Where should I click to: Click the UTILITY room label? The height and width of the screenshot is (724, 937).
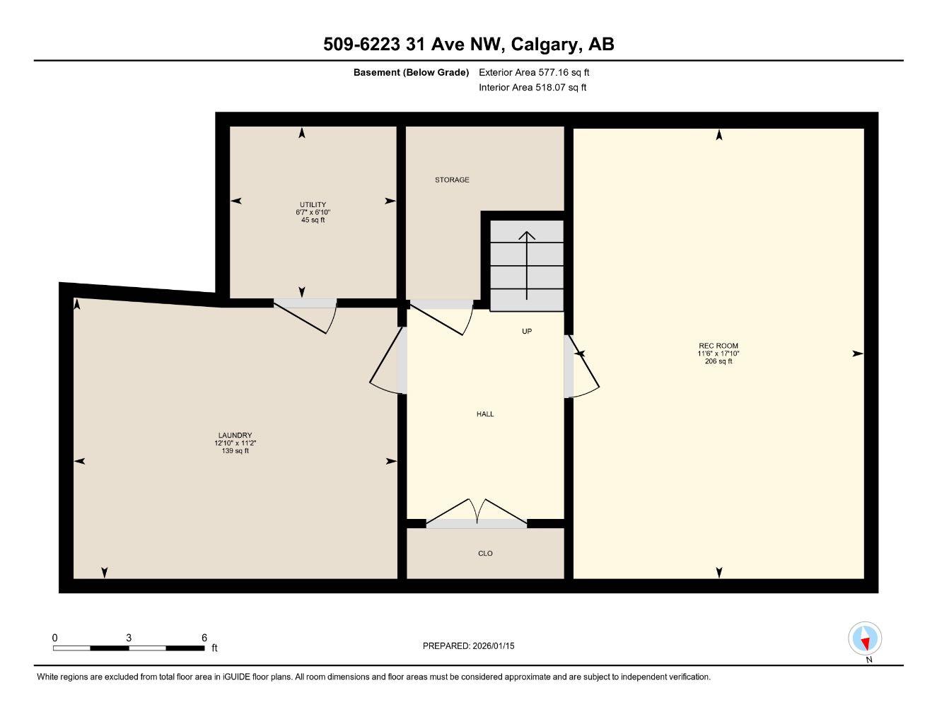pos(313,205)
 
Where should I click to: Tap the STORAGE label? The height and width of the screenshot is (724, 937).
pos(452,180)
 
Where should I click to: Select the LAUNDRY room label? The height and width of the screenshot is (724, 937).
pos(235,436)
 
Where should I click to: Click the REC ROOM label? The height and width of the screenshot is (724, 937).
pos(718,346)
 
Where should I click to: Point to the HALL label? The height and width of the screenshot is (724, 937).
pos(485,414)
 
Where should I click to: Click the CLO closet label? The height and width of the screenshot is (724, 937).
pos(485,554)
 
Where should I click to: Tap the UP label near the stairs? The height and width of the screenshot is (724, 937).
pos(527,331)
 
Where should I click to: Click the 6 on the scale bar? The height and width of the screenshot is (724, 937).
pos(204,638)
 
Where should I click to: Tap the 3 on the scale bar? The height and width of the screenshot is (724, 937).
pos(129,638)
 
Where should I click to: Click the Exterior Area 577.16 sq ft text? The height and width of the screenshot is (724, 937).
pos(534,72)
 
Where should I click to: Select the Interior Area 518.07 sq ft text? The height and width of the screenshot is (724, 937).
pos(532,88)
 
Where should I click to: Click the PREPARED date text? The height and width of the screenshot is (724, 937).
pos(468,646)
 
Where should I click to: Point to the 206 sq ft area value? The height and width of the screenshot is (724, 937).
pos(718,361)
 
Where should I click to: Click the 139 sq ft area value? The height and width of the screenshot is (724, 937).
pos(235,451)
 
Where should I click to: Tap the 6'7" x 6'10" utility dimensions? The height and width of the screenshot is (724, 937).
pos(313,212)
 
